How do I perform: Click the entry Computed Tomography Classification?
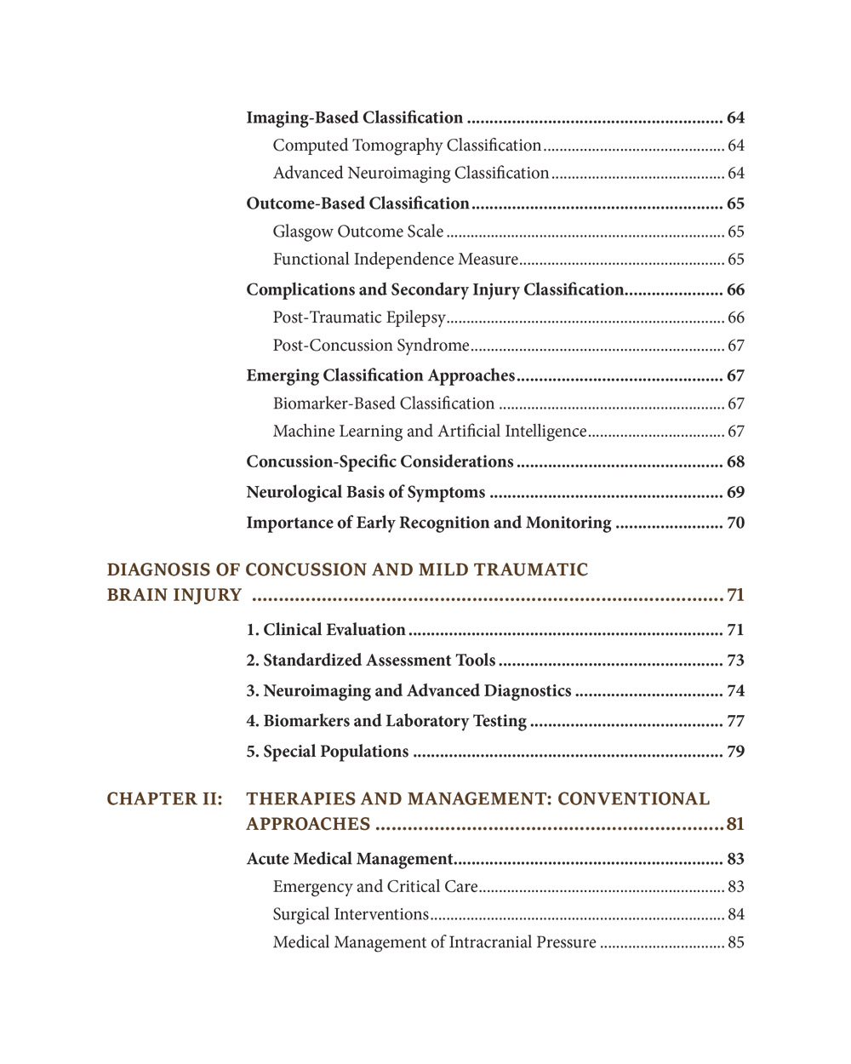[407, 146]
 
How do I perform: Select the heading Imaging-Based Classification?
[354, 117]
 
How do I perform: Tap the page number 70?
[735, 523]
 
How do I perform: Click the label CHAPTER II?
[164, 798]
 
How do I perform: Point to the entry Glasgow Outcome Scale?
[357, 232]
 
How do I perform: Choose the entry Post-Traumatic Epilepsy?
[359, 317]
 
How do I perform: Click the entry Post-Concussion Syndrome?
[371, 346]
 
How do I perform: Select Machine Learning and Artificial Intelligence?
[430, 432]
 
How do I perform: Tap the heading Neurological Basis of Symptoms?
[365, 492]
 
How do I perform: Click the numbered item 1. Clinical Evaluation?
[326, 630]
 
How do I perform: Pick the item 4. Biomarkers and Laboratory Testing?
[386, 721]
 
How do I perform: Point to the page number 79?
[735, 752]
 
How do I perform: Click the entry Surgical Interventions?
[351, 914]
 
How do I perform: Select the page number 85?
[735, 942]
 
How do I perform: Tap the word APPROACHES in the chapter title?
[308, 824]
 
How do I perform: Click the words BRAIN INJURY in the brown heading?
[174, 595]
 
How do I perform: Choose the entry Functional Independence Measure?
[395, 259]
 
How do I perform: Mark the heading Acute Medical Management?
[349, 859]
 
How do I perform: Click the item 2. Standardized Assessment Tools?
[370, 661]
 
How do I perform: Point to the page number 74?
[735, 690]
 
